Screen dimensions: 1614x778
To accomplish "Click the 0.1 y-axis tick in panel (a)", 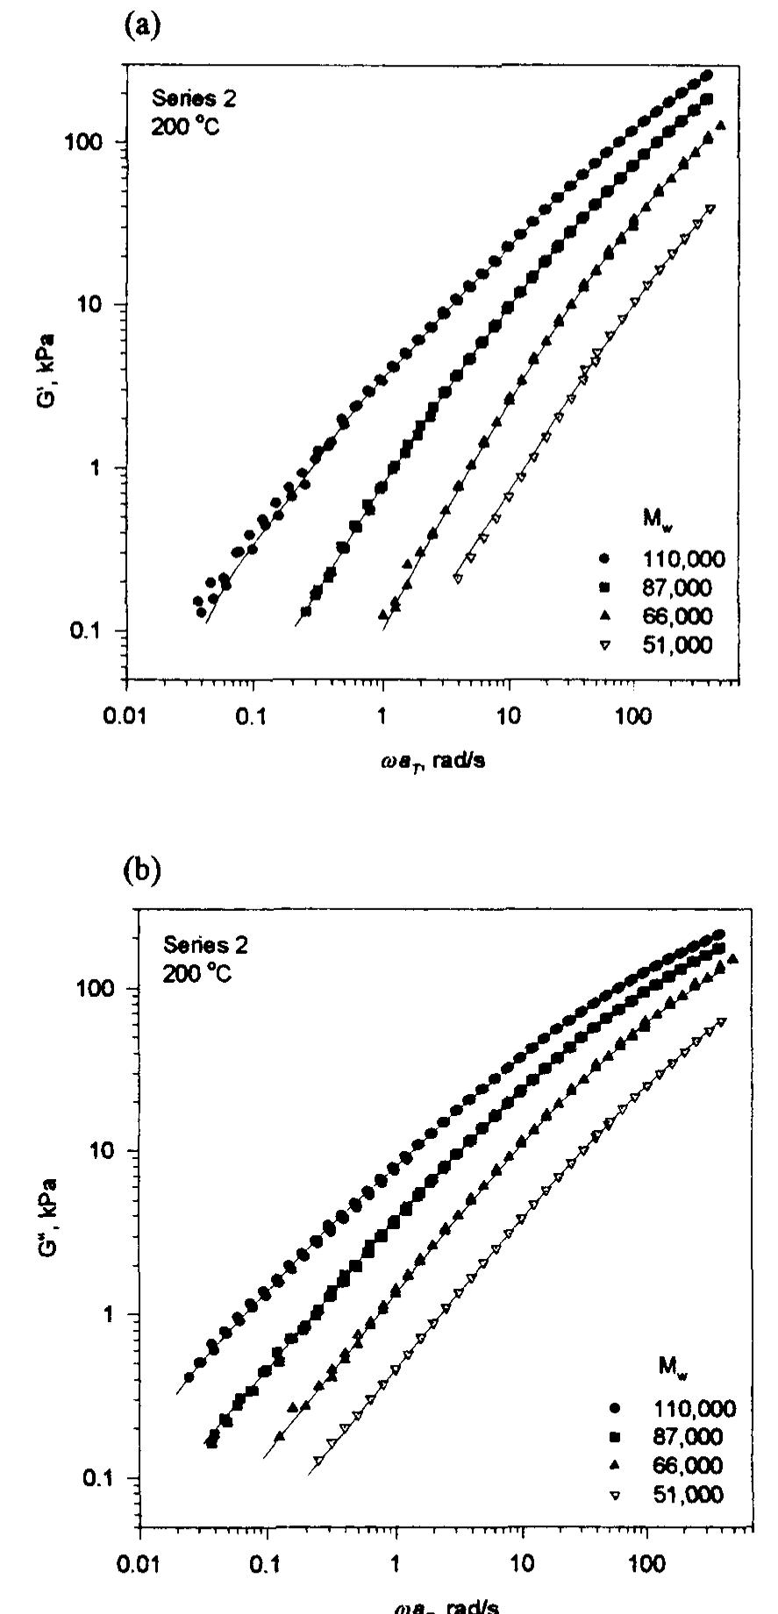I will (x=96, y=631).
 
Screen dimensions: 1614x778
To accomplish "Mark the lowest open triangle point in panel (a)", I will (x=457, y=578).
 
